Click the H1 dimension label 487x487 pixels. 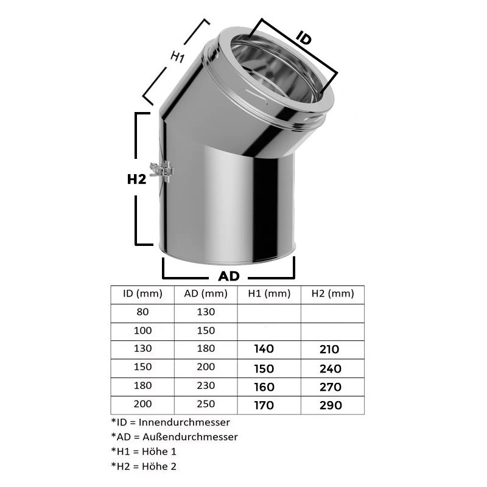177,58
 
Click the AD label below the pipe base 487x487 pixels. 229,276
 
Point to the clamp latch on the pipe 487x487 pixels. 163,171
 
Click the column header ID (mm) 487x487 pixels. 142,293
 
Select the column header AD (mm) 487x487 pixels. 206,293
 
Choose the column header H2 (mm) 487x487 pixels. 332,293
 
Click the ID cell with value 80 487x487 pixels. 142,312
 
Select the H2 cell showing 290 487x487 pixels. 329,405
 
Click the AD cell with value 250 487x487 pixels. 206,405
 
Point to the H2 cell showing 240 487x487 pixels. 329,368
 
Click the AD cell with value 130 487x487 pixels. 206,312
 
